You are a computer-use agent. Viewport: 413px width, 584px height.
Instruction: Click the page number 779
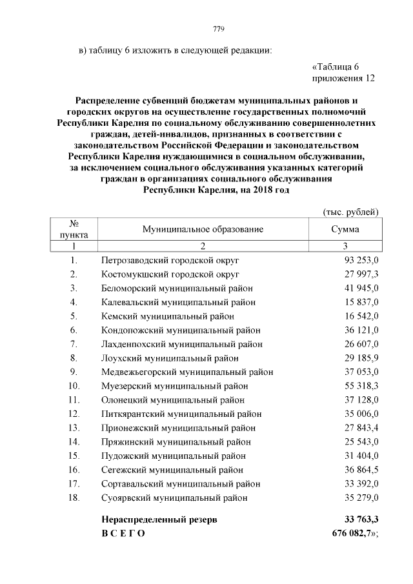point(218,28)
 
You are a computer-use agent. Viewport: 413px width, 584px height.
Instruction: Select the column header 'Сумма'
point(345,229)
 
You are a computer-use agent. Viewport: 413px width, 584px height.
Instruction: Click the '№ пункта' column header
point(74,229)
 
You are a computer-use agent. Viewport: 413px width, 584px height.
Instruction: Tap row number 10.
point(73,386)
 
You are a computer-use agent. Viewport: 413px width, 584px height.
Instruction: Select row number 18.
point(73,498)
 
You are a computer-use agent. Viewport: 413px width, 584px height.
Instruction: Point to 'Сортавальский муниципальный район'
point(181,484)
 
